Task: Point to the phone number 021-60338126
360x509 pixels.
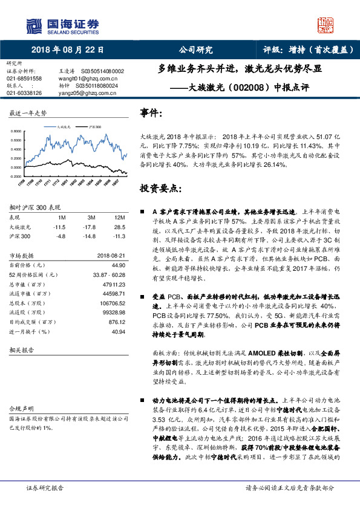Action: coord(25,93)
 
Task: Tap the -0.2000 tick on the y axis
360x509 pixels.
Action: coord(17,176)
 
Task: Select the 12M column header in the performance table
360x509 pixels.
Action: coord(119,216)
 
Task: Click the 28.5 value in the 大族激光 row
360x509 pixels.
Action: coord(119,227)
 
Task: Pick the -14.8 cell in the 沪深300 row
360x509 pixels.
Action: coord(91,236)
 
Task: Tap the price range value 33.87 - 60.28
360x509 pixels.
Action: coord(109,274)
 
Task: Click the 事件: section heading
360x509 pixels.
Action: coord(151,113)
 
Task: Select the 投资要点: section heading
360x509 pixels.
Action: coord(160,188)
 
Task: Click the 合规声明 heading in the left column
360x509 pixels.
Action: coord(20,409)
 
